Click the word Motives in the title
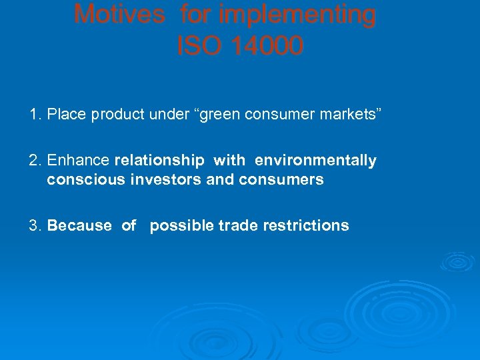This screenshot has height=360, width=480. pos(119,14)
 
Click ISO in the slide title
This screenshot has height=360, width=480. pos(197,46)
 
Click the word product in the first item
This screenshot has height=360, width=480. pos(115,115)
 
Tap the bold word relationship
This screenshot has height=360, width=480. pos(160,161)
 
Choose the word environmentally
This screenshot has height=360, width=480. pos(315,161)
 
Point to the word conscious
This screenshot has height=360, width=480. pos(78,179)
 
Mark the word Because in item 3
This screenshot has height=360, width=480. pos(79,225)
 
